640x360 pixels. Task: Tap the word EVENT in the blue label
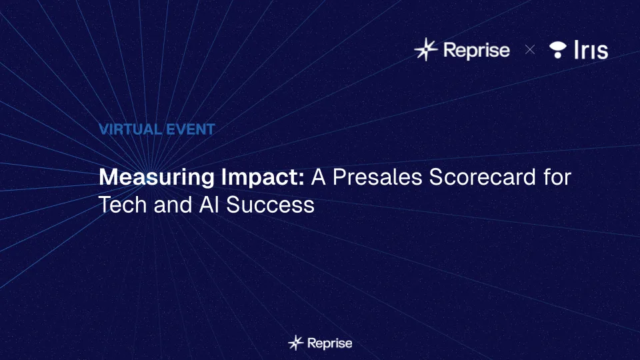(x=190, y=129)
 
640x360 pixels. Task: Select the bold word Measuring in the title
(x=156, y=178)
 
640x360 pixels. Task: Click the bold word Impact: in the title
(x=263, y=178)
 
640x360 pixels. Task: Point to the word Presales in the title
(x=377, y=177)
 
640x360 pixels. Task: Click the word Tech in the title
(x=123, y=205)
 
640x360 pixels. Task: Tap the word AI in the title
(x=209, y=205)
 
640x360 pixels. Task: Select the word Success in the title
(x=270, y=205)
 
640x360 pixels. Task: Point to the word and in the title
(x=173, y=205)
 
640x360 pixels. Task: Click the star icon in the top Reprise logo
(x=426, y=49)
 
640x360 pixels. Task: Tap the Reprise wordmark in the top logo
(x=476, y=50)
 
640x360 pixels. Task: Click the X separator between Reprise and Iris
(x=530, y=50)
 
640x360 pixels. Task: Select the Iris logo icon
(x=557, y=50)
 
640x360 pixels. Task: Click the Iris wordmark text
(x=591, y=50)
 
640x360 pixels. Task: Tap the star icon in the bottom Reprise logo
(x=296, y=343)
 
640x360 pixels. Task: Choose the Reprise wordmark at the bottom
(x=330, y=343)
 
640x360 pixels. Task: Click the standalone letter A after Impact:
(x=319, y=177)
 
